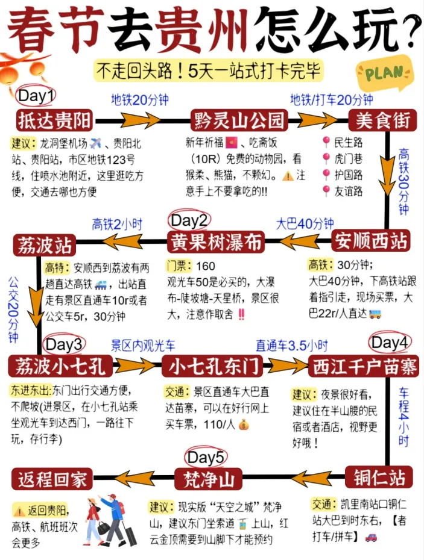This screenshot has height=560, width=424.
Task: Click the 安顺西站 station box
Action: point(371,241)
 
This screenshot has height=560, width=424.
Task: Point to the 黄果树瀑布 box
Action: point(215,242)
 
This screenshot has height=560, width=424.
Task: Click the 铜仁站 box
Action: point(379,478)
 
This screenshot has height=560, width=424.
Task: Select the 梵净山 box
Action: point(208,480)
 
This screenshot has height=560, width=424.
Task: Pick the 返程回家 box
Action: point(52,480)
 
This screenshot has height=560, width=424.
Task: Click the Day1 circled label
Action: point(36,96)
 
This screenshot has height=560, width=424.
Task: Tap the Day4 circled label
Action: point(390,343)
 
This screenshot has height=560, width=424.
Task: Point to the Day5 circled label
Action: point(206,458)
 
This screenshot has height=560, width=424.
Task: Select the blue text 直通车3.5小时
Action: point(291,345)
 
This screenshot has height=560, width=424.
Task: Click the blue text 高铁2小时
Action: point(117,225)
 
